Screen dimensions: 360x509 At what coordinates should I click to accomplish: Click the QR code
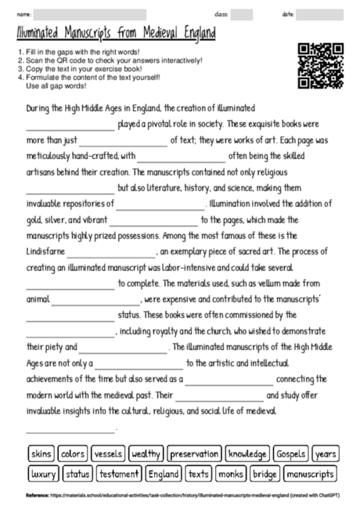pos(320,66)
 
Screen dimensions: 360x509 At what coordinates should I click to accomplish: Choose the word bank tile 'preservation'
pos(195,453)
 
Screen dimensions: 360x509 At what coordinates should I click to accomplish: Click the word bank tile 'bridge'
pos(265,474)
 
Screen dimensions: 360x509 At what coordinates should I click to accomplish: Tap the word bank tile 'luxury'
pos(43,474)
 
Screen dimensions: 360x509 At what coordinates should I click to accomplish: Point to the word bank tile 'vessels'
pos(107,453)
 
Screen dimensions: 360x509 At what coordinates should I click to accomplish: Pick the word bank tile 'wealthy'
pos(146,453)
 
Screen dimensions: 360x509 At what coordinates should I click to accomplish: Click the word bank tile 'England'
pos(164,474)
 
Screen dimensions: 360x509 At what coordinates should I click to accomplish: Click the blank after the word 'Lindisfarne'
pos(111,253)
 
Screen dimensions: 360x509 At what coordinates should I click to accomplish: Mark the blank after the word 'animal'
pos(96,299)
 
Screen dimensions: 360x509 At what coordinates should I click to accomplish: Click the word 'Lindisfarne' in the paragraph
pos(45,252)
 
